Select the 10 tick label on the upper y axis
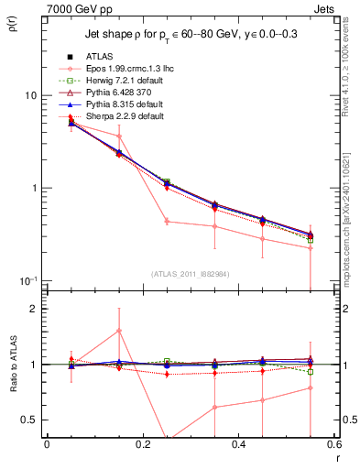(30, 95)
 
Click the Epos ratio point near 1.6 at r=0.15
(119, 331)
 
